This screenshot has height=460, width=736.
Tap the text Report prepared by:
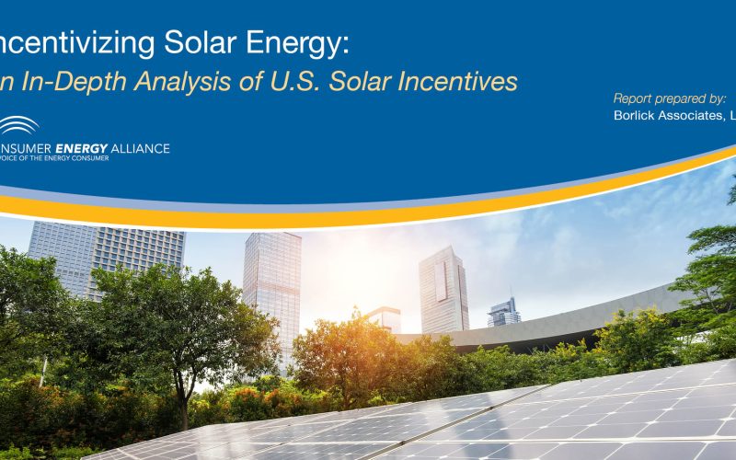pos(669,98)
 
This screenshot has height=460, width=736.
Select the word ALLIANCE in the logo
pos(139,148)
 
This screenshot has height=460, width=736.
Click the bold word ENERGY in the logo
pos(80,148)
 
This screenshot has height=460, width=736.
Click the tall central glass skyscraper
pos(271,285)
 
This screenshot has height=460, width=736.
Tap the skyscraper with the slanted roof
pos(443,290)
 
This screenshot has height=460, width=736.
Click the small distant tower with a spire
pos(503,312)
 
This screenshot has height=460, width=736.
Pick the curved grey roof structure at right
pos(589,317)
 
